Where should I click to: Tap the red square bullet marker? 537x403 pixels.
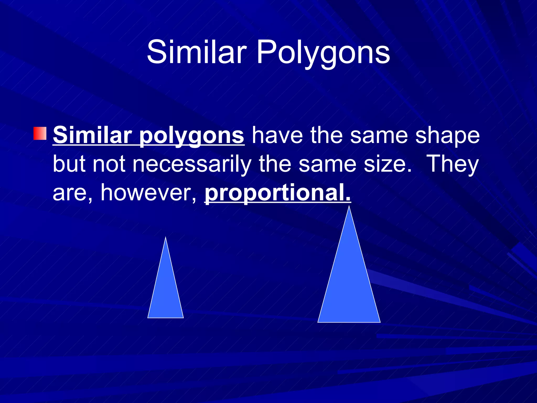click(40, 133)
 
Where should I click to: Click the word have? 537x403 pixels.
click(277, 135)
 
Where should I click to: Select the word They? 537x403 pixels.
click(453, 164)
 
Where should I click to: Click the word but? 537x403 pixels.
click(69, 164)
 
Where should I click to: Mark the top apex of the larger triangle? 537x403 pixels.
click(349, 206)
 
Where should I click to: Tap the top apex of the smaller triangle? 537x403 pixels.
click(165, 237)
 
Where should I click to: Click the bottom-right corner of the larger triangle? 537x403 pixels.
click(380, 322)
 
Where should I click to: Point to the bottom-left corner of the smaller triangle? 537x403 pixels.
click(148, 317)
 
